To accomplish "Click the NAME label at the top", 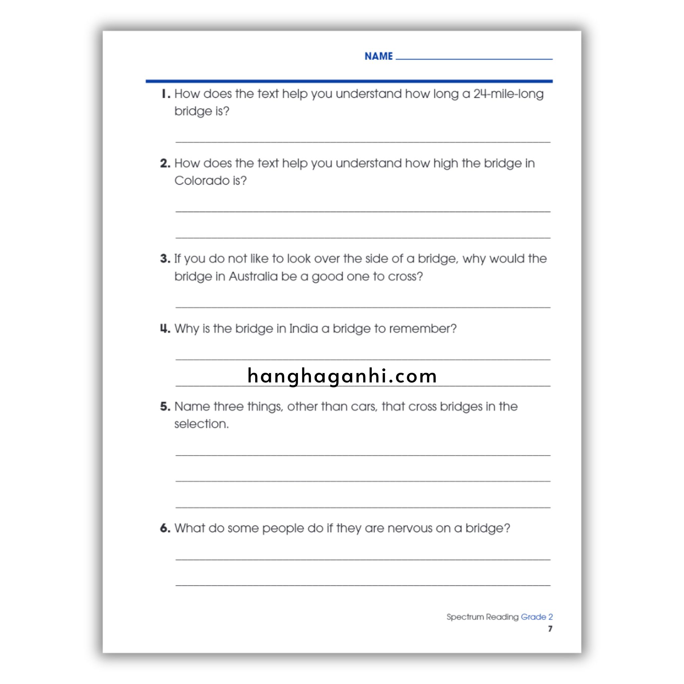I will click(x=378, y=56).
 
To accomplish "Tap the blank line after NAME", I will click(x=474, y=58).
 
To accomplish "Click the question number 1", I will click(x=165, y=94).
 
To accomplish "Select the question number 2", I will click(x=165, y=164).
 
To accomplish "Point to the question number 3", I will click(x=165, y=259).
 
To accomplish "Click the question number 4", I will click(x=165, y=329).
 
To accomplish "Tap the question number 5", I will click(x=165, y=406).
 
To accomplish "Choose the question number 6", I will click(x=165, y=528).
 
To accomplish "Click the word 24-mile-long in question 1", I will click(x=508, y=94).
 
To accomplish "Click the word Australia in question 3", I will click(x=253, y=277).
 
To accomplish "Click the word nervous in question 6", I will click(x=409, y=528).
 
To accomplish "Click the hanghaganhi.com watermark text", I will click(x=342, y=376).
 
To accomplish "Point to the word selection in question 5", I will click(x=201, y=424).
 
